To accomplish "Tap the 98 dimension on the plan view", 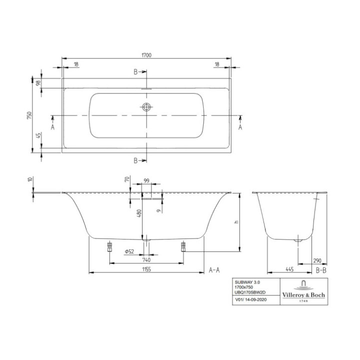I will pos(38,83).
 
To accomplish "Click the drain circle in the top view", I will pos(146,106).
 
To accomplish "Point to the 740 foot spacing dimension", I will pos(146,259).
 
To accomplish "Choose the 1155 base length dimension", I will pos(146,269).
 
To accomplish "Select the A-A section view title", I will pos(214,270).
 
